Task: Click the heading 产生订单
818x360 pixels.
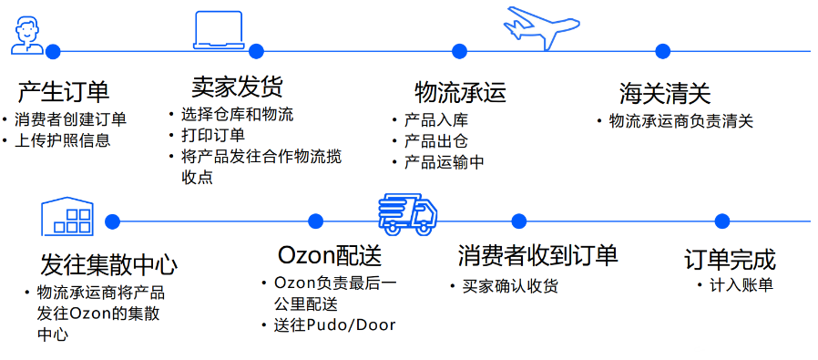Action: (x=63, y=92)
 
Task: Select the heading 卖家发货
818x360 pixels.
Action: (x=237, y=87)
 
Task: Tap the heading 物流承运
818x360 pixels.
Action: (x=460, y=92)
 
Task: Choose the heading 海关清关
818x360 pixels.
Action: (x=665, y=92)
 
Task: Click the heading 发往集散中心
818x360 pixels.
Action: (x=108, y=264)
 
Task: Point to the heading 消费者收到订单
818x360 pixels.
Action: (x=537, y=254)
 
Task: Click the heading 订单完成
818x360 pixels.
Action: (x=730, y=258)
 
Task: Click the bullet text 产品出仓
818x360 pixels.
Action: (x=435, y=141)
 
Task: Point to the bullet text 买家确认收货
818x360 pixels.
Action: (x=509, y=286)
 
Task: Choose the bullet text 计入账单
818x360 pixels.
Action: (x=741, y=285)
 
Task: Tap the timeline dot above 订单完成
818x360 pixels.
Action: (x=721, y=221)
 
